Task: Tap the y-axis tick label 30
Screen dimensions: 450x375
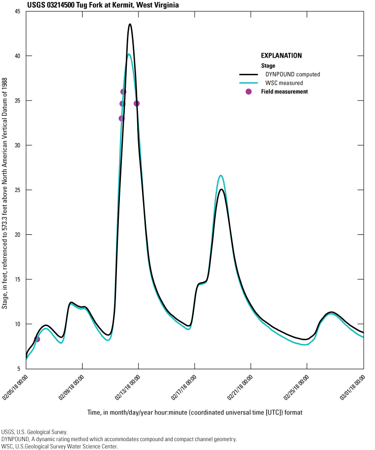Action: pos(17,145)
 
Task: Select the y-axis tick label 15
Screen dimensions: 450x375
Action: pos(17,279)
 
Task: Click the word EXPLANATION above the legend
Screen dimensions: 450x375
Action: pos(281,56)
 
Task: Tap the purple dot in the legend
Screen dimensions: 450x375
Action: pos(249,92)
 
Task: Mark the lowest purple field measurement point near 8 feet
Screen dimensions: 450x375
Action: pos(37,339)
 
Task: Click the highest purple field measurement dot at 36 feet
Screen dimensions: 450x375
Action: pos(123,92)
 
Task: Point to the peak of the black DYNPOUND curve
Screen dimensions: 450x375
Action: pos(130,24)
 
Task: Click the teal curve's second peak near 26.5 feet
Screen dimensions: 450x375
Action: pos(221,175)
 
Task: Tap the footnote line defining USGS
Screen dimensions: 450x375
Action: pos(34,431)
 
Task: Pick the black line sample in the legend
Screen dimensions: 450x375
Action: pos(249,74)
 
